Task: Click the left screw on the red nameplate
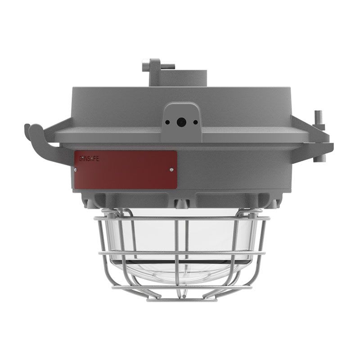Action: [x=75, y=170]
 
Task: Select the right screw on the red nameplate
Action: [x=171, y=170]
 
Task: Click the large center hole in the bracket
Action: [x=180, y=121]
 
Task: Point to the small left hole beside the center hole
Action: [x=167, y=122]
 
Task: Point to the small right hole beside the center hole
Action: [x=195, y=122]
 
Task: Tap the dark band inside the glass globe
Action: [x=180, y=262]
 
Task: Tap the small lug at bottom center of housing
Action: [x=181, y=204]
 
